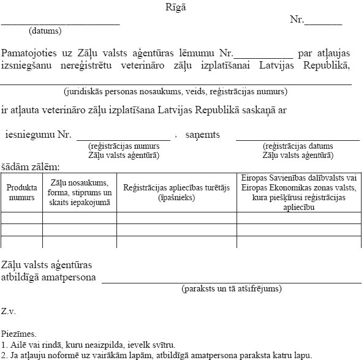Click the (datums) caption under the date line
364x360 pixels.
click(x=45, y=30)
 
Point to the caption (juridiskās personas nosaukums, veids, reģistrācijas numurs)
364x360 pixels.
click(x=175, y=92)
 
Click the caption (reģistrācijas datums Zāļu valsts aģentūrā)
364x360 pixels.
click(x=297, y=151)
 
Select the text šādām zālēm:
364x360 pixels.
click(x=30, y=167)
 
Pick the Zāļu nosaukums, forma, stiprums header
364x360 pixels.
click(x=79, y=192)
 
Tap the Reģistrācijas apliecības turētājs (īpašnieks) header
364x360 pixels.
click(x=176, y=193)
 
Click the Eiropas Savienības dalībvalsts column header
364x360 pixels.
click(x=298, y=192)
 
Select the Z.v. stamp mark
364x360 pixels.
click(x=9, y=311)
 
